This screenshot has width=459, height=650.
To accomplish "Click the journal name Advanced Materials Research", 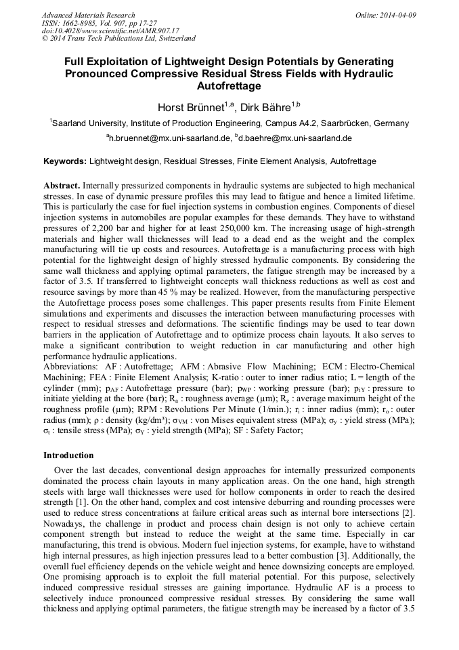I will [88, 15].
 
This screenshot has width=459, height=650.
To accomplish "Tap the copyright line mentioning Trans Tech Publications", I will [118, 39].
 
